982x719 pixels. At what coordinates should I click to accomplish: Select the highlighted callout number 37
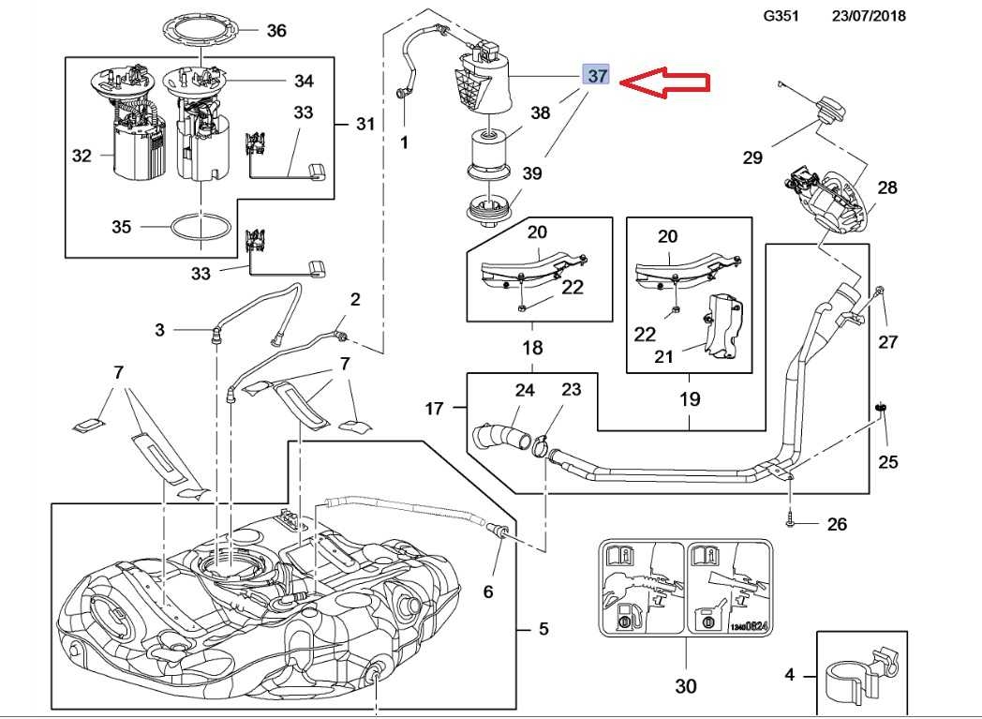596,75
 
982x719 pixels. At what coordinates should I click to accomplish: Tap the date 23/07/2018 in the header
869,16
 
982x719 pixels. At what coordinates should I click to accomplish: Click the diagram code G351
781,16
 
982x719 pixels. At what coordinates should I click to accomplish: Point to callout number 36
275,31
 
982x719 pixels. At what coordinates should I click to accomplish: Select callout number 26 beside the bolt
837,523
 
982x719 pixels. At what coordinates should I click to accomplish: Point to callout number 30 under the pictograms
685,686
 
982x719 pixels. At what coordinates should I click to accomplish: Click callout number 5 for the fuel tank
543,629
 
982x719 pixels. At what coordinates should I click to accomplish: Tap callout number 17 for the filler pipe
434,408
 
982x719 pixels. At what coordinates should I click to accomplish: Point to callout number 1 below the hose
404,143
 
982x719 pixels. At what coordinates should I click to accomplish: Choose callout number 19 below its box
690,399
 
